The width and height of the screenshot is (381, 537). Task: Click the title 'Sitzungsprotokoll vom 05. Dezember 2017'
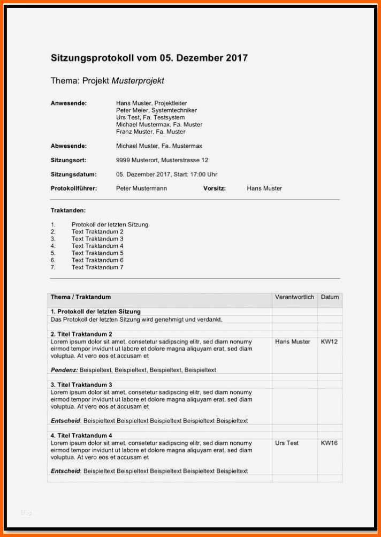tap(149, 58)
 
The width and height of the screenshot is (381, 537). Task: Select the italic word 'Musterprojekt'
tap(138, 81)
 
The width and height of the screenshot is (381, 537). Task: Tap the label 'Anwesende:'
tap(68, 103)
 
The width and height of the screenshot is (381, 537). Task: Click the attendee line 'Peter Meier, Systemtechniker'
tap(156, 110)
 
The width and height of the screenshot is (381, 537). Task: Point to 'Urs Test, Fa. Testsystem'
tap(150, 117)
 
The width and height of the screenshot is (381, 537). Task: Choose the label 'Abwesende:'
tap(68, 146)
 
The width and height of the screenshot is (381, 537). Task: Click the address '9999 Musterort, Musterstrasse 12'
tap(162, 160)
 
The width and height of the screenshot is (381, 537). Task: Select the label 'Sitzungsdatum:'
tap(73, 174)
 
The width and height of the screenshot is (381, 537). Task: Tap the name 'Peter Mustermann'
tap(141, 188)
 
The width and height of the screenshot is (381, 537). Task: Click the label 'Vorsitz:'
tap(215, 188)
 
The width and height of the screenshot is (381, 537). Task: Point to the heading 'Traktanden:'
tap(68, 210)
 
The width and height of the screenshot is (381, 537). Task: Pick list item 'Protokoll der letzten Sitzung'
tap(110, 224)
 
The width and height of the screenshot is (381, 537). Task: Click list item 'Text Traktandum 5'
tap(97, 253)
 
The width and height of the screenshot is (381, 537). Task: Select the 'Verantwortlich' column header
tap(294, 297)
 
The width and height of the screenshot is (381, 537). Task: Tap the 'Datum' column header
tap(330, 297)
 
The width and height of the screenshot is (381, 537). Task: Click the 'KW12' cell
tap(329, 341)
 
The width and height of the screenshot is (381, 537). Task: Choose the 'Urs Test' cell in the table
tap(287, 443)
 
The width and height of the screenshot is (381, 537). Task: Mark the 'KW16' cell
tap(329, 443)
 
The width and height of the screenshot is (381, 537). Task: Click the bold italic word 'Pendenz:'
tap(64, 370)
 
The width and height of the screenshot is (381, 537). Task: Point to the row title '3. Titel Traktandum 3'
tap(81, 384)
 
